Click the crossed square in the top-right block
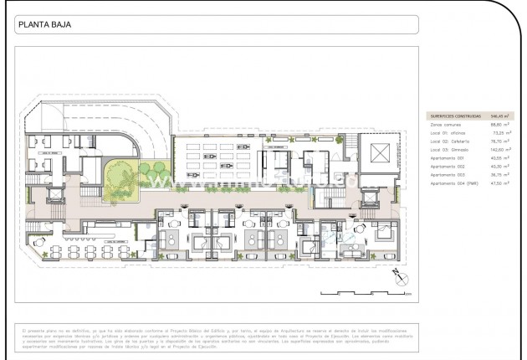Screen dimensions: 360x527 pyautogui.click(x=378, y=153)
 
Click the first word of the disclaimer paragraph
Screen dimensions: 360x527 pyautogui.click(x=23, y=329)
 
